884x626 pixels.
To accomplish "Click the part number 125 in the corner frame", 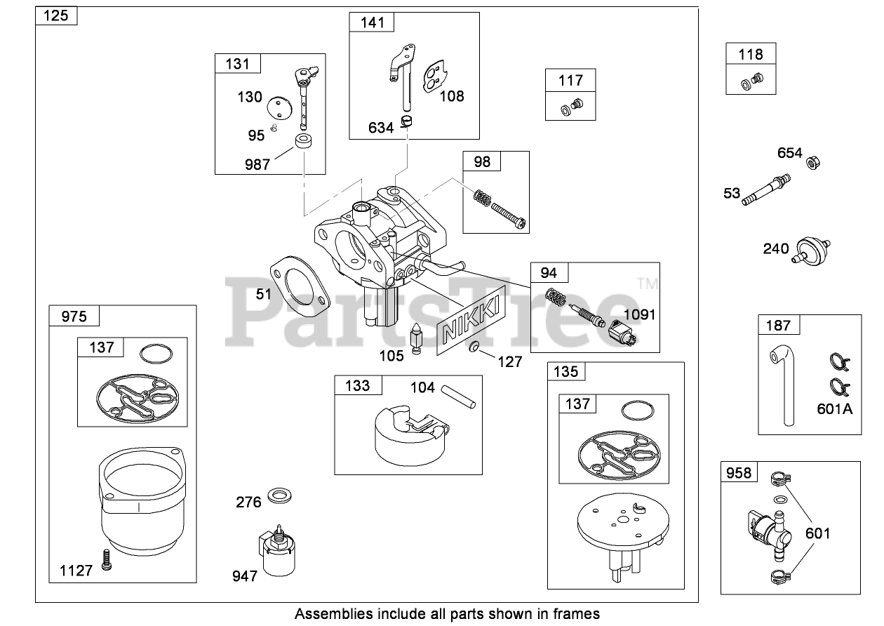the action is click(x=55, y=15).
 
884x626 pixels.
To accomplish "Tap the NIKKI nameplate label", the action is click(x=471, y=320).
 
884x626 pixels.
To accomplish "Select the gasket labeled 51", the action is click(x=300, y=286).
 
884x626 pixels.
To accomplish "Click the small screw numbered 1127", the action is click(x=106, y=560).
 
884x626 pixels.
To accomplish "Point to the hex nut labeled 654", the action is click(x=813, y=162).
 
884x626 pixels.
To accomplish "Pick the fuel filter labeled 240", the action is click(x=811, y=251).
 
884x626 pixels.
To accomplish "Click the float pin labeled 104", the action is click(x=458, y=397).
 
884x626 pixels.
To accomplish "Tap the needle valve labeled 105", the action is click(x=416, y=338).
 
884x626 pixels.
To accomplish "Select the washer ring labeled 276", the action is click(x=279, y=495).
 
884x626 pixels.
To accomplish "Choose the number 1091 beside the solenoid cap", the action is click(x=639, y=314).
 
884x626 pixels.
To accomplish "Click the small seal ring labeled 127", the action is click(x=474, y=347).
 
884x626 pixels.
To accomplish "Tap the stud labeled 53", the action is click(x=766, y=190).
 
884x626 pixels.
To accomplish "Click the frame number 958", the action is click(x=739, y=472).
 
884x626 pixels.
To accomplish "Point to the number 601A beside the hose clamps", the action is click(x=835, y=409).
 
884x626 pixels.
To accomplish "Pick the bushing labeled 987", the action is click(x=303, y=141).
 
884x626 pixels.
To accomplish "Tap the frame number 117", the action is click(x=570, y=81).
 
